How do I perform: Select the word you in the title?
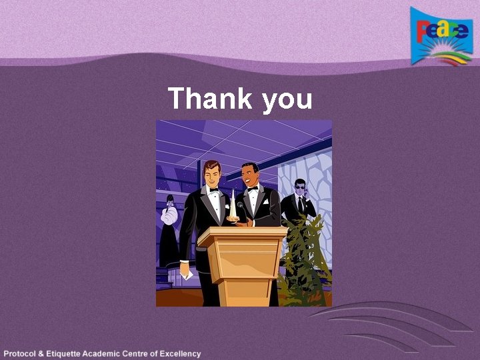(x=287, y=100)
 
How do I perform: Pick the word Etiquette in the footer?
(x=69, y=353)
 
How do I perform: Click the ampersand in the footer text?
(x=45, y=353)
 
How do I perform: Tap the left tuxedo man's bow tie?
(x=214, y=190)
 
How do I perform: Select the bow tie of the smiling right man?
(x=253, y=189)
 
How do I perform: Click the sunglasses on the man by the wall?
(x=299, y=189)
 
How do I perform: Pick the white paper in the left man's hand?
(x=187, y=274)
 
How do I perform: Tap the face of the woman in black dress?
(x=169, y=200)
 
